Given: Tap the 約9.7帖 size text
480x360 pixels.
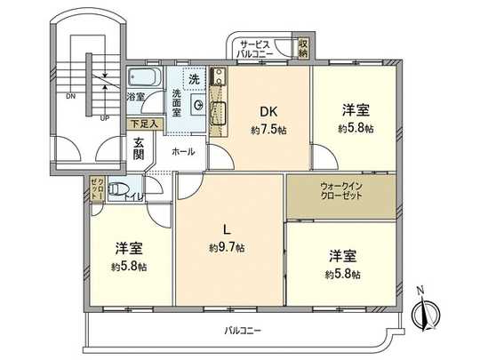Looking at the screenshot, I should pyautogui.click(x=228, y=246).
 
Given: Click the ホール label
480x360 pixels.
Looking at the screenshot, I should pyautogui.click(x=183, y=151).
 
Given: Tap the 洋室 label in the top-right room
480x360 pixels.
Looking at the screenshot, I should pyautogui.click(x=356, y=111).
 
